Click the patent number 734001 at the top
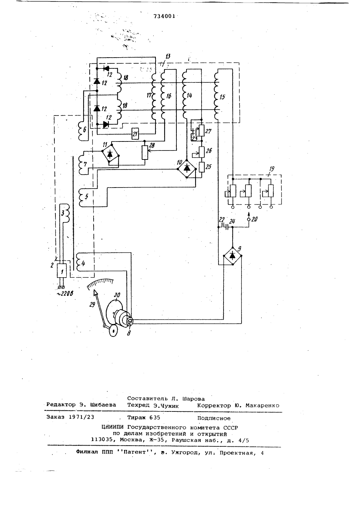coord(164,16)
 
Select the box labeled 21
coord(135,134)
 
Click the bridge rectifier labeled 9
coord(232,256)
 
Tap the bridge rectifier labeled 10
coord(187,168)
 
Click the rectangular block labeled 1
coord(62,271)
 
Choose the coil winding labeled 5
coord(82,197)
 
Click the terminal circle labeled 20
coord(249,220)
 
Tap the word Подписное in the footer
coord(214,418)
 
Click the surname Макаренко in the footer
coord(262,406)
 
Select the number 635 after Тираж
coord(155,418)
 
